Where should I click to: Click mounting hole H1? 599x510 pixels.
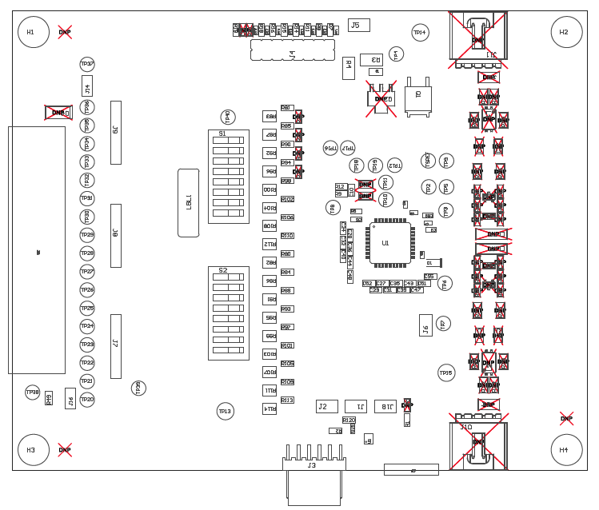[33, 32]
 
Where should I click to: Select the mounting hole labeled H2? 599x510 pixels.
[566, 32]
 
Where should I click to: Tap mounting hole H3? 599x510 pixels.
[33, 450]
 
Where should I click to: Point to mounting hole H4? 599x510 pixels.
[566, 450]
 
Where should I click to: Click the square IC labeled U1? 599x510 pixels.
[389, 243]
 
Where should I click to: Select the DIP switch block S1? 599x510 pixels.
[228, 177]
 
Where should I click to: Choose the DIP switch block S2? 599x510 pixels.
[228, 313]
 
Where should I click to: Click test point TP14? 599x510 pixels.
[420, 32]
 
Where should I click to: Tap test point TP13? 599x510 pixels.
[226, 411]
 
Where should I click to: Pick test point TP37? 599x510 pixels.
[87, 64]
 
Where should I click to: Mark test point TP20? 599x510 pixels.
[87, 399]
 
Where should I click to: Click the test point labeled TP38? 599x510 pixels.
[32, 392]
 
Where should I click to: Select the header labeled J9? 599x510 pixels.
[116, 132]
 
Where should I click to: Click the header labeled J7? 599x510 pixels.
[116, 345]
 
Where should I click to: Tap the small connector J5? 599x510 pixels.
[358, 25]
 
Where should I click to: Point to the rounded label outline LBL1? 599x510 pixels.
[188, 202]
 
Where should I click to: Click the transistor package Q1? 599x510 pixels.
[417, 98]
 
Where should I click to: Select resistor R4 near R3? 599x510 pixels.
[348, 68]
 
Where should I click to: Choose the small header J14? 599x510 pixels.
[87, 86]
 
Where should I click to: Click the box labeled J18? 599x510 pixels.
[385, 406]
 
